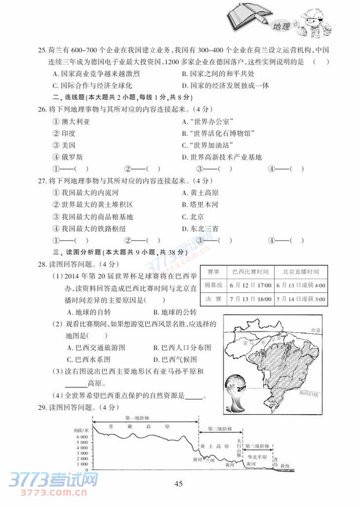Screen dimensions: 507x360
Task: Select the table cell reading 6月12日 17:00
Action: pyautogui.click(x=250, y=286)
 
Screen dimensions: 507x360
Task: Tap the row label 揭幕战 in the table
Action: pyautogui.click(x=212, y=286)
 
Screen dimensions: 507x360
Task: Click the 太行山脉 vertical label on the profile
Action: pyautogui.click(x=239, y=450)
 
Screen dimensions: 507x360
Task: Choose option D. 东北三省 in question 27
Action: pyautogui.click(x=200, y=229)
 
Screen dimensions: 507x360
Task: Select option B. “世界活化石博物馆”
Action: pyautogui.click(x=218, y=133)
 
